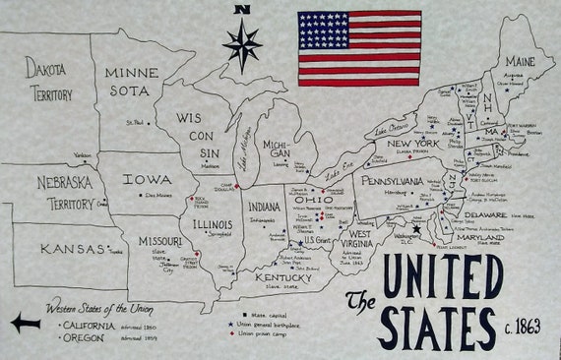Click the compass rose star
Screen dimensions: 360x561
[x=242, y=45]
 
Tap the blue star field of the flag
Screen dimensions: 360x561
[x=323, y=30]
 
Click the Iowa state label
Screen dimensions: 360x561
[x=148, y=181]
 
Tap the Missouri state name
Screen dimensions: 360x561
[x=159, y=241]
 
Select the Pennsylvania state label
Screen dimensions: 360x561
[x=393, y=182]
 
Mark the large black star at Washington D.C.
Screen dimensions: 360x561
[x=416, y=229]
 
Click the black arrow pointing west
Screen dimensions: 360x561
[x=26, y=322]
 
